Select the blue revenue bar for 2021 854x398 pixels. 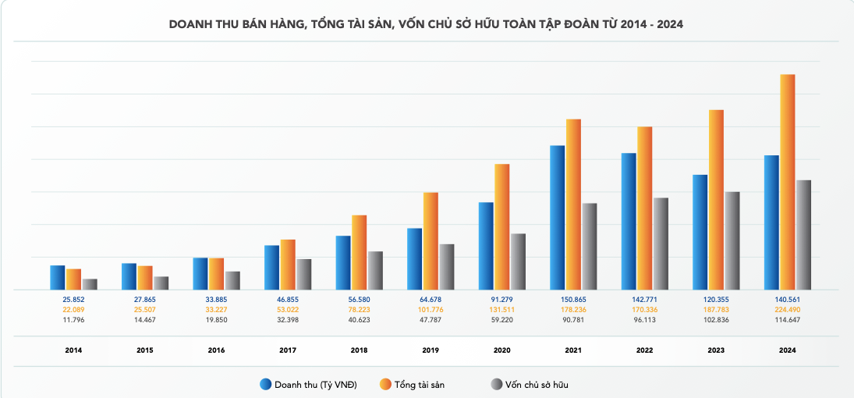click(x=558, y=218)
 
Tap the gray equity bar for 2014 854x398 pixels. click(x=90, y=284)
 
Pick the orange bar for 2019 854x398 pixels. click(x=431, y=241)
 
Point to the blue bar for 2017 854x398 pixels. click(x=271, y=268)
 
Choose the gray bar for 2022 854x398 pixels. click(x=661, y=243)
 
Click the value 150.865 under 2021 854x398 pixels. click(x=573, y=300)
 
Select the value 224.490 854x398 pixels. click(x=788, y=309)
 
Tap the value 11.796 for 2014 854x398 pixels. click(x=73, y=319)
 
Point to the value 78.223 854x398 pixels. click(x=359, y=309)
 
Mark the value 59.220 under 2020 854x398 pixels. click(x=502, y=319)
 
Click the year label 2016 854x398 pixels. click(x=216, y=350)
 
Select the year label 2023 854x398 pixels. click(x=716, y=350)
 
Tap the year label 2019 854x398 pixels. click(x=431, y=350)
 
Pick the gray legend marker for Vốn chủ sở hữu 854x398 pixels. click(x=495, y=385)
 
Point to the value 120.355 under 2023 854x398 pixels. click(x=716, y=300)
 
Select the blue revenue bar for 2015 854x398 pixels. click(x=129, y=276)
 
